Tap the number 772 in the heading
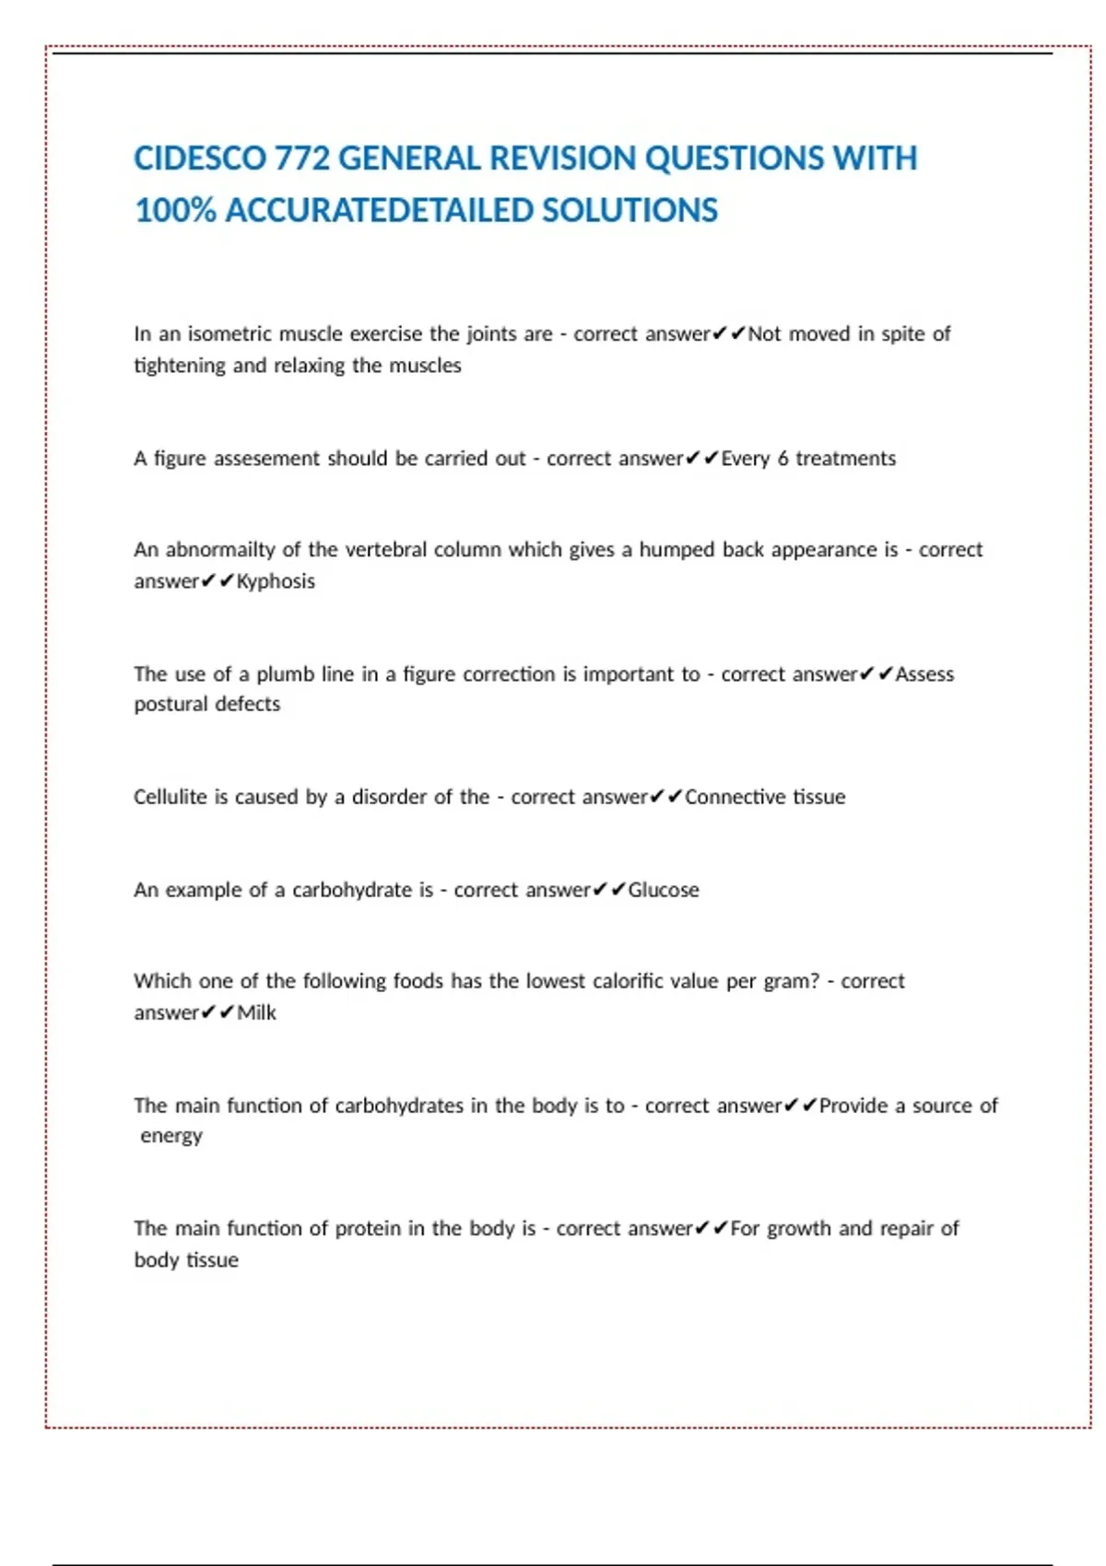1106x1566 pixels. pyautogui.click(x=301, y=158)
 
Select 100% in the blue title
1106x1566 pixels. pyautogui.click(x=175, y=210)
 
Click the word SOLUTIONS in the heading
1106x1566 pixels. pyautogui.click(x=629, y=210)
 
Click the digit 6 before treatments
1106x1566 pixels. pyautogui.click(x=782, y=459)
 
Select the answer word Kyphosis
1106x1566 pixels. pyautogui.click(x=276, y=581)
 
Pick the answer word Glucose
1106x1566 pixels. pyautogui.click(x=664, y=890)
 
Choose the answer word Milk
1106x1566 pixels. pyautogui.click(x=256, y=1012)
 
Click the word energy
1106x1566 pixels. pyautogui.click(x=171, y=1136)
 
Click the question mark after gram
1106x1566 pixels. pyautogui.click(x=815, y=981)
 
